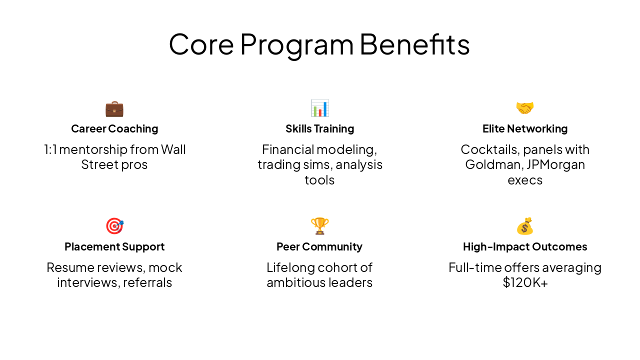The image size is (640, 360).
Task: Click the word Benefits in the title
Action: tap(414, 44)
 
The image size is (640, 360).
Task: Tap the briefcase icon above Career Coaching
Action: tap(114, 108)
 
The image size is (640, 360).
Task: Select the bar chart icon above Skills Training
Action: tap(319, 108)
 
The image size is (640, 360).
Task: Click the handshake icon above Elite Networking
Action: tap(525, 108)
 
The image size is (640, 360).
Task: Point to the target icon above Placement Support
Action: tap(114, 226)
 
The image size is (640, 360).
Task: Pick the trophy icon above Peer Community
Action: tap(319, 226)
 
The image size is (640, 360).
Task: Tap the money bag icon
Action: tap(525, 226)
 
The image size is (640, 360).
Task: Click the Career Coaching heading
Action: tap(114, 129)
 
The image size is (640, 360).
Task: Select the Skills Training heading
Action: tap(319, 129)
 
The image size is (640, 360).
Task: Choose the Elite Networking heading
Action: tap(525, 129)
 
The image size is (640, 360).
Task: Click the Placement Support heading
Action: tap(114, 247)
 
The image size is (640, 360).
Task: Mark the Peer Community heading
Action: tap(319, 247)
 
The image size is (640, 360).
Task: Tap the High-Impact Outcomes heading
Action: tap(525, 247)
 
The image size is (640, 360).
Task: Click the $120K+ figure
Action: tap(525, 282)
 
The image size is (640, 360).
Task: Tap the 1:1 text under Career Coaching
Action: tap(50, 149)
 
